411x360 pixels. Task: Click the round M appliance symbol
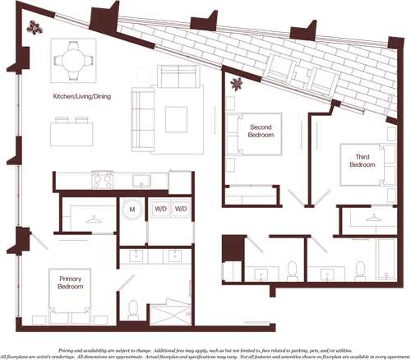click(132, 209)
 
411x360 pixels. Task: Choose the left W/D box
click(159, 209)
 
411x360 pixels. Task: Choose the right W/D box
click(181, 209)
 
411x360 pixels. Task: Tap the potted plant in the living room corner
click(35, 28)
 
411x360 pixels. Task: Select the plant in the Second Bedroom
click(238, 82)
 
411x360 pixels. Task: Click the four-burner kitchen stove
click(103, 179)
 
